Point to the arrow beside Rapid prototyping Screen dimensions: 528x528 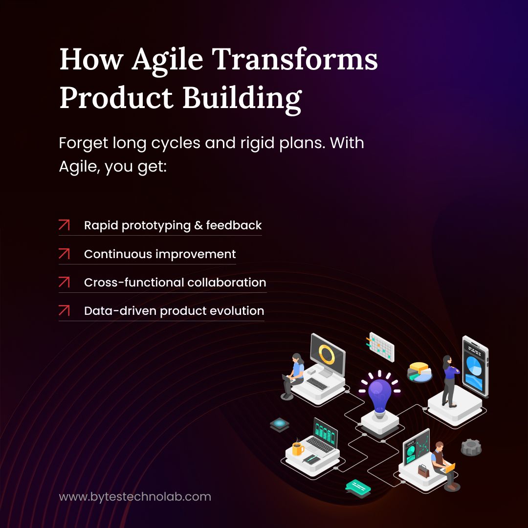[x=64, y=225]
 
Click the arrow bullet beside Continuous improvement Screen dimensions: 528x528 [x=64, y=254]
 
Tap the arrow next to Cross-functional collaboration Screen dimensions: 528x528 [x=64, y=282]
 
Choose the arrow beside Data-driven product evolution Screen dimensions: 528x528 [x=64, y=310]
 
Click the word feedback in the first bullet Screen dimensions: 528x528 [x=234, y=225]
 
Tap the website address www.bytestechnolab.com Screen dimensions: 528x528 [x=135, y=497]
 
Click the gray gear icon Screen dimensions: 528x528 [x=471, y=447]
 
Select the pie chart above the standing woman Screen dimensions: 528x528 [x=419, y=372]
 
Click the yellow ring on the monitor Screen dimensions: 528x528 [x=326, y=354]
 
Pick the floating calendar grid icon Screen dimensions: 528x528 [x=381, y=347]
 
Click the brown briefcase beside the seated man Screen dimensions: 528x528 [x=423, y=471]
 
